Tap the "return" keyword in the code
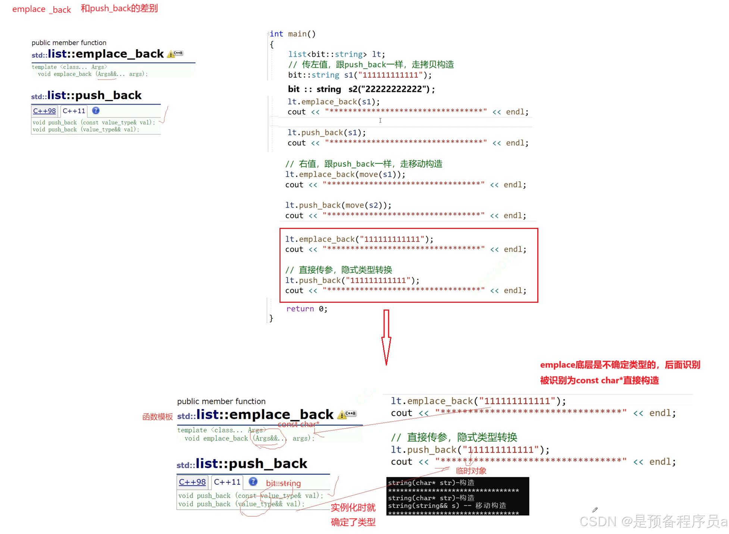tap(300, 309)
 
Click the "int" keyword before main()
tap(276, 34)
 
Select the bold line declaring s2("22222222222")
tap(361, 89)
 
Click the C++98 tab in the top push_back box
tap(44, 111)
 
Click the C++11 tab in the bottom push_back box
tap(227, 482)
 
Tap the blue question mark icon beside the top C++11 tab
tap(96, 111)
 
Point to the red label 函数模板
tap(157, 417)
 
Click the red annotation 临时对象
tap(471, 471)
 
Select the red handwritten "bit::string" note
tap(283, 483)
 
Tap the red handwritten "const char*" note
tap(298, 424)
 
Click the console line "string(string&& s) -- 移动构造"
tap(447, 506)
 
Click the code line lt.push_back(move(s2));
tap(338, 205)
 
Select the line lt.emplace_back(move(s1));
tap(345, 174)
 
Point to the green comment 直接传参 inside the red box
tap(316, 270)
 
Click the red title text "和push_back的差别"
tap(119, 8)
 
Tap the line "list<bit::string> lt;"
tap(336, 54)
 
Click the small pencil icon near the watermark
tap(595, 509)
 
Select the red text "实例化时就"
tap(353, 508)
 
